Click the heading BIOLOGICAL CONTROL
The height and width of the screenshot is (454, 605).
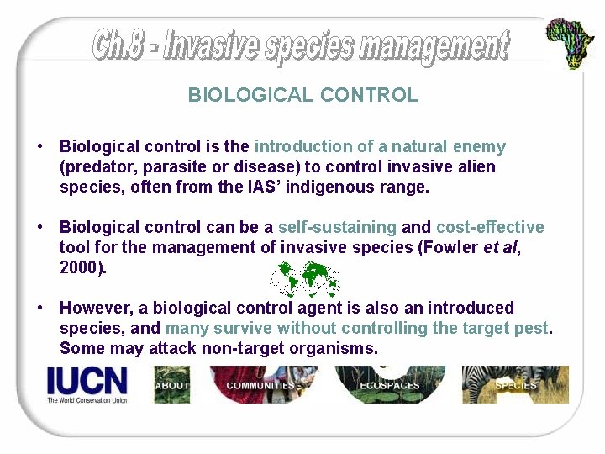click(x=302, y=95)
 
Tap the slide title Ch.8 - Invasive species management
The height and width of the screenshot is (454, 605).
click(x=301, y=45)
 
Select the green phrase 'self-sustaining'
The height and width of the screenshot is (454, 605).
click(x=337, y=227)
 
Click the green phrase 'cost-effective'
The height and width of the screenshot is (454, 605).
click(x=490, y=227)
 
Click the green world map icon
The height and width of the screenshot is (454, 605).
click(x=304, y=278)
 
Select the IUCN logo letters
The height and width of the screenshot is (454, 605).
click(x=87, y=381)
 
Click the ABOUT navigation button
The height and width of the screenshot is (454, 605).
click(x=172, y=385)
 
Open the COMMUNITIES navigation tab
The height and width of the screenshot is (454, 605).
click(x=260, y=385)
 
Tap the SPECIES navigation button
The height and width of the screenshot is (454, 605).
click(x=515, y=385)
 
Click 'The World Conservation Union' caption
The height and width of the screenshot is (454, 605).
click(x=87, y=400)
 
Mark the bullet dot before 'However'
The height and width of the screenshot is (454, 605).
click(x=40, y=308)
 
